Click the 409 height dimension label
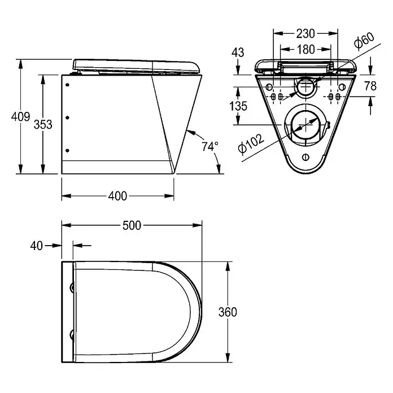pos(20,116)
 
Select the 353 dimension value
pos(43,124)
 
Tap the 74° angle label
pos(210,146)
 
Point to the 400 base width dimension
pos(117,196)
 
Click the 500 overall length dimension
pos(132,225)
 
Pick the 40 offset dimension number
pos(37,246)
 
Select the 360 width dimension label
pos(228,312)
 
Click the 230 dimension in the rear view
pos(305,33)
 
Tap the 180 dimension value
pos(306,50)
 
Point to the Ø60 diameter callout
pos(364,40)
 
